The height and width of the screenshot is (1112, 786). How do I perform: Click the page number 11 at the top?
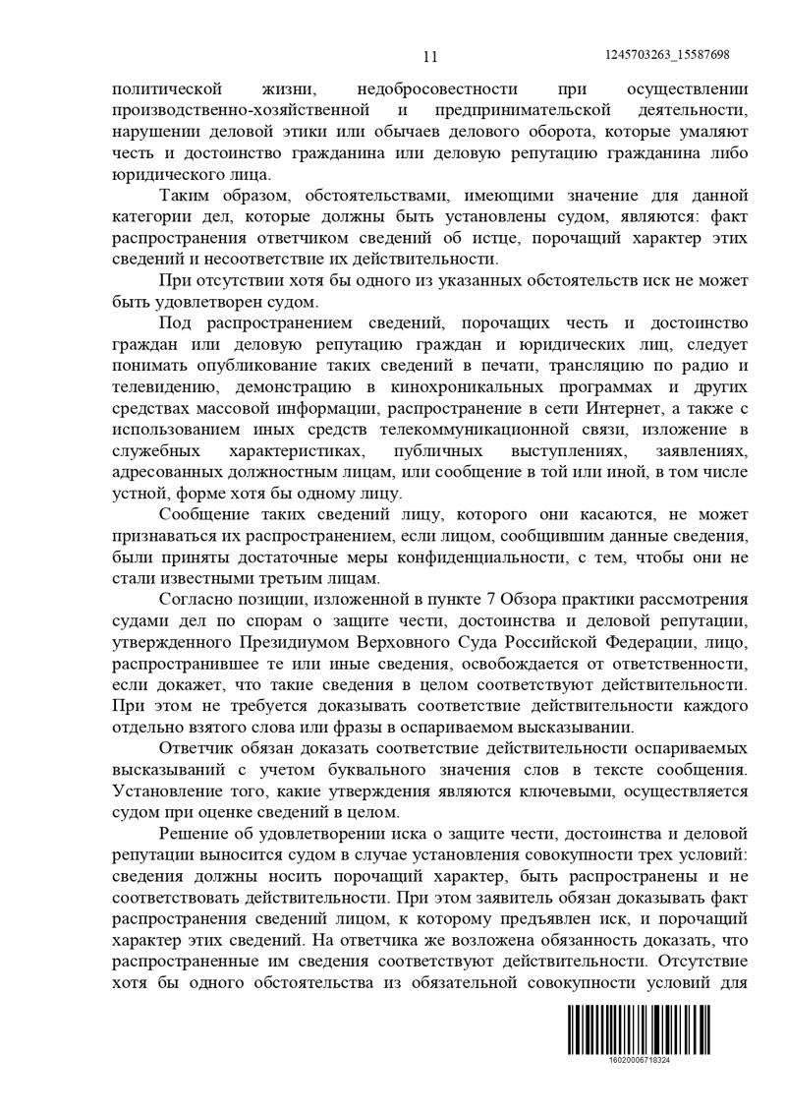click(x=429, y=56)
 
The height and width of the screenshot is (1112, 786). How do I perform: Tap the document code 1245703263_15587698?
click(x=669, y=55)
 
